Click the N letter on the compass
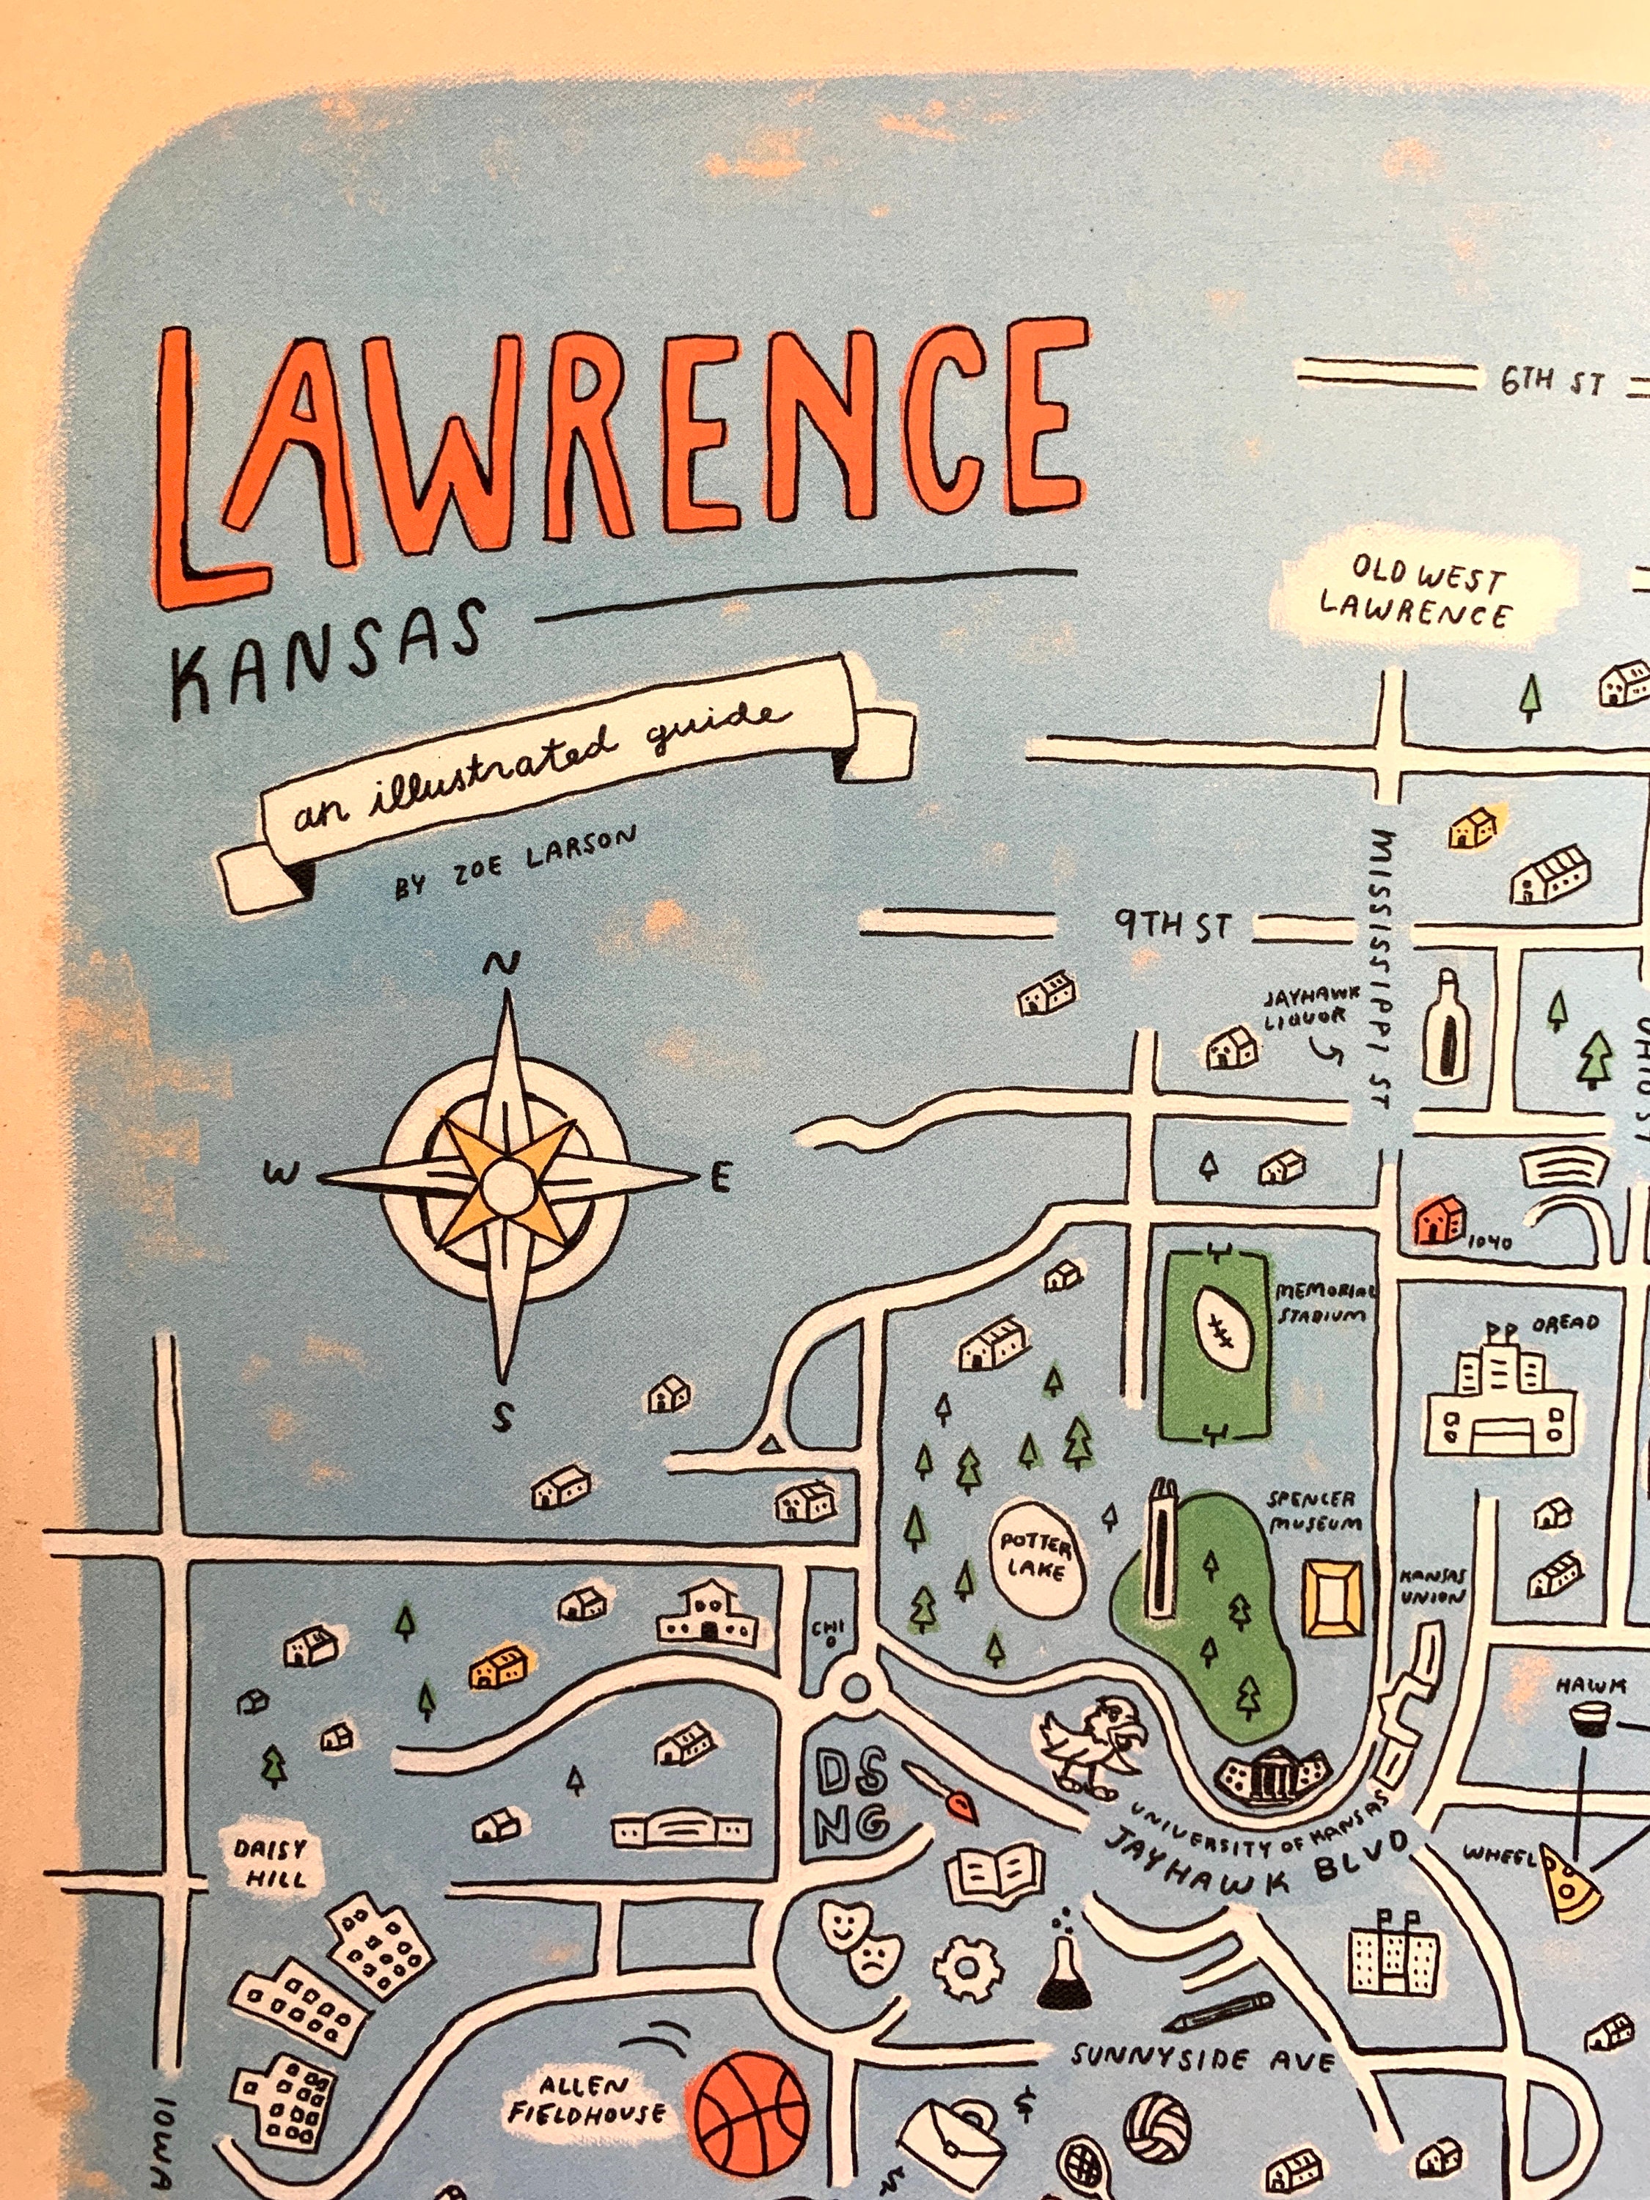coord(502,964)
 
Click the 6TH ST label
coord(1552,382)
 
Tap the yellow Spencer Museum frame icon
coord(1332,1597)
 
